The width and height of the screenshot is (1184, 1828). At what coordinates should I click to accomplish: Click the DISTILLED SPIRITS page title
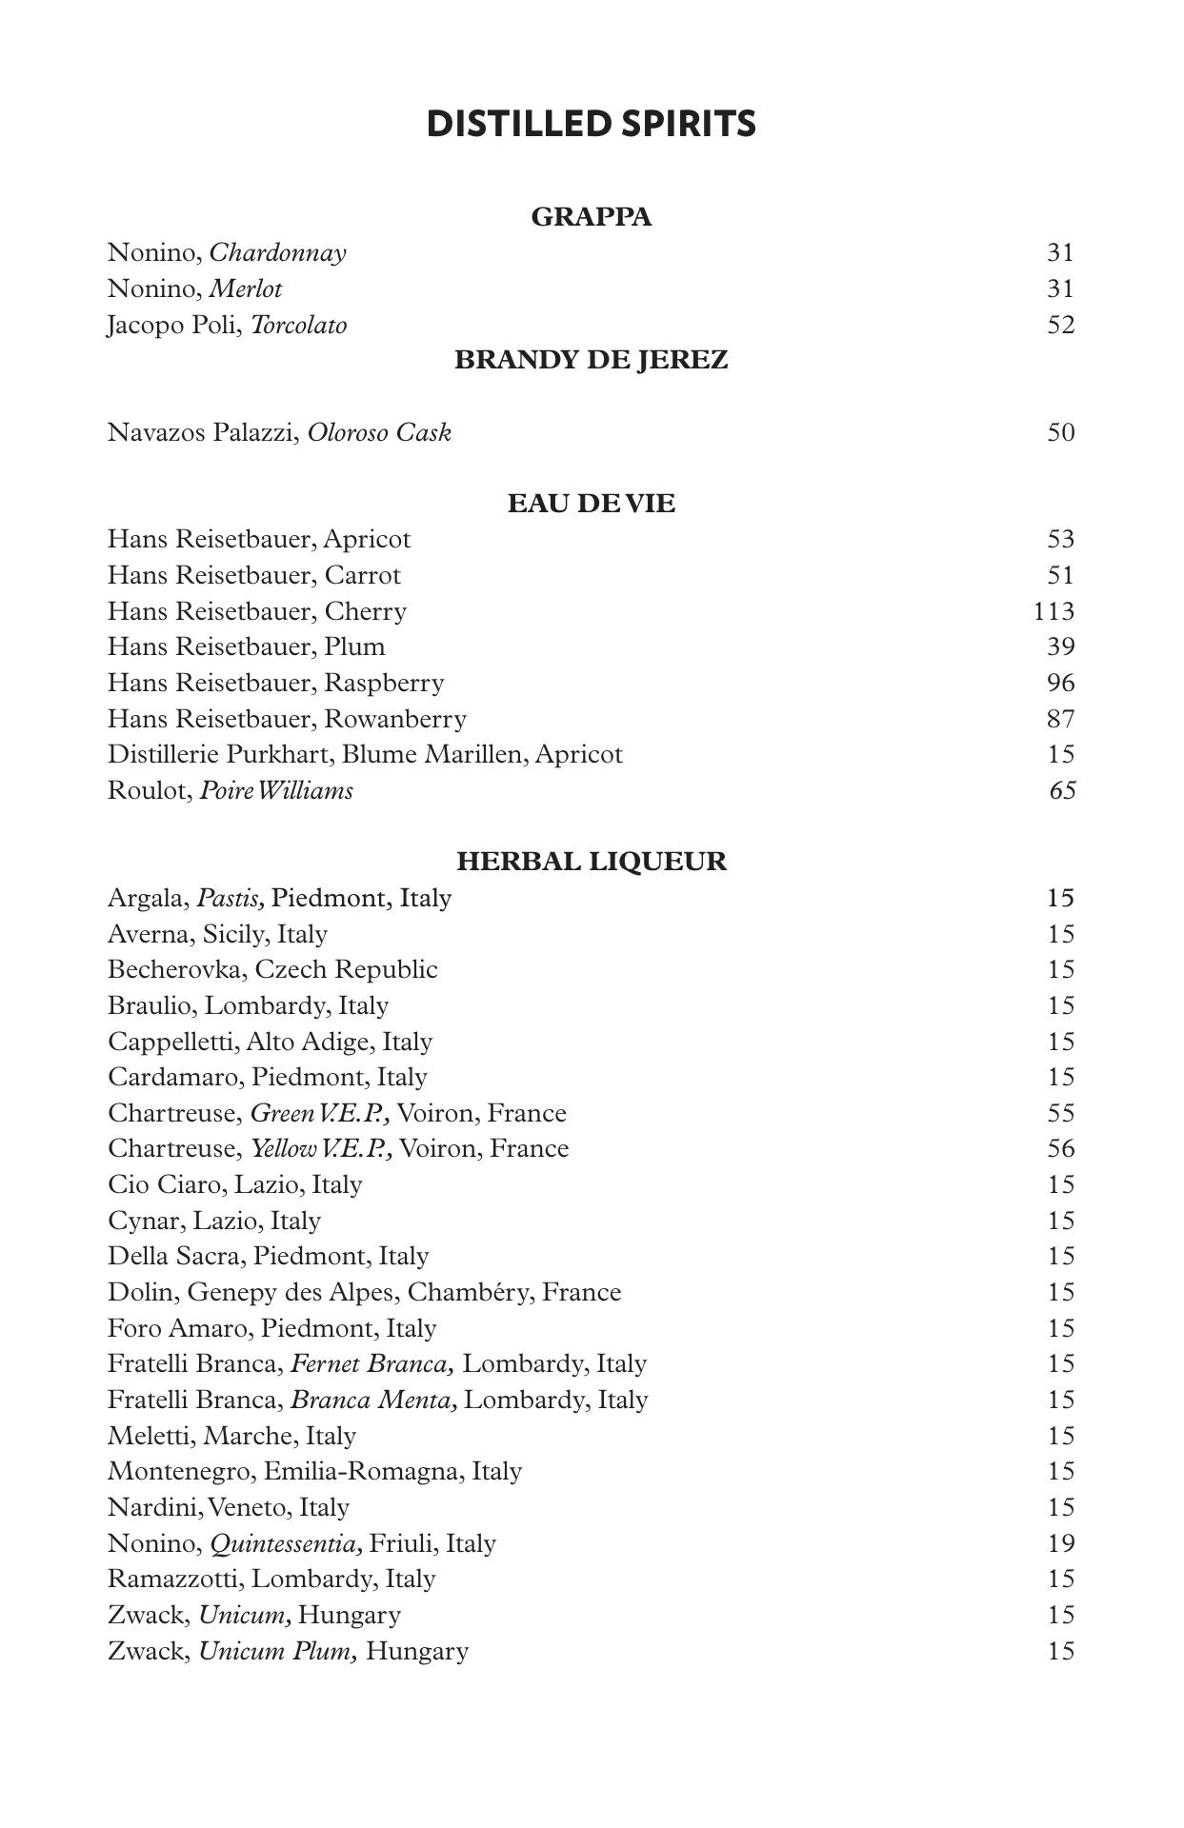(591, 124)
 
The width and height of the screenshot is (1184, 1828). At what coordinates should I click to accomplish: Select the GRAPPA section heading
(591, 217)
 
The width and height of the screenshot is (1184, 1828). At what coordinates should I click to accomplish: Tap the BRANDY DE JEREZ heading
(591, 360)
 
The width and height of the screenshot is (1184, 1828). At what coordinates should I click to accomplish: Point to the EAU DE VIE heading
(591, 503)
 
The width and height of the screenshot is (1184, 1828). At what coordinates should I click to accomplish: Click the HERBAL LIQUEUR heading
(591, 862)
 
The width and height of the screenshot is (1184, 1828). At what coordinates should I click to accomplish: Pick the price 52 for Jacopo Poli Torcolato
(1060, 325)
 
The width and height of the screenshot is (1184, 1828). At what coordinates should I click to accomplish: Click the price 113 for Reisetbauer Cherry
(1054, 611)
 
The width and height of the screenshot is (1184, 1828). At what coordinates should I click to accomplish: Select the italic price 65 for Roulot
(1061, 790)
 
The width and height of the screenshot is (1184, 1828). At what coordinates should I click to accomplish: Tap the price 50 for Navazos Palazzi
(1060, 432)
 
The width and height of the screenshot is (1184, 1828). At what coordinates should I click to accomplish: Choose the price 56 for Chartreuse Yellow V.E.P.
(1060, 1148)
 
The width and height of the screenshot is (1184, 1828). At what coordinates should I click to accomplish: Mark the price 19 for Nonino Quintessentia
(1060, 1542)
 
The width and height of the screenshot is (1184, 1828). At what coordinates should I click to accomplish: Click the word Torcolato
(298, 325)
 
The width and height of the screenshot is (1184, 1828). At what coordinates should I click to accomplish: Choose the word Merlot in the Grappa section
(245, 288)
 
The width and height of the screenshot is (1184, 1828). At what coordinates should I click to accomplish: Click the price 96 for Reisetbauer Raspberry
(1060, 683)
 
